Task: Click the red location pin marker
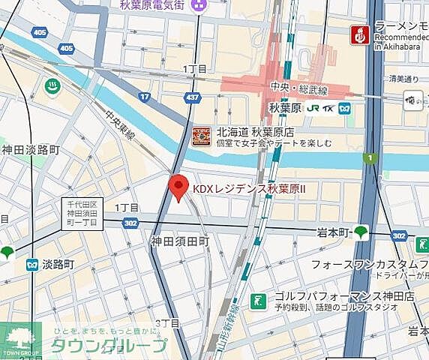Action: point(178,186)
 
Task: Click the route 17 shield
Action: point(145,96)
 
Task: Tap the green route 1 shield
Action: point(368,157)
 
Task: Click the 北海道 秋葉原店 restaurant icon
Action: point(201,136)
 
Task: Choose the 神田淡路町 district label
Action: point(30,150)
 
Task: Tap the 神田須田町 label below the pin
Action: point(179,241)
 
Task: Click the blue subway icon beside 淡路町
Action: point(31,265)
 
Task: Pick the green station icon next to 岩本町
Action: point(361,232)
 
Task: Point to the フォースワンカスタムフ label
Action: point(369,264)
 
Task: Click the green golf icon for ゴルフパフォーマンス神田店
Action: point(257,299)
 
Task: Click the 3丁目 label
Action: point(167,323)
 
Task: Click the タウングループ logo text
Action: point(109,346)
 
